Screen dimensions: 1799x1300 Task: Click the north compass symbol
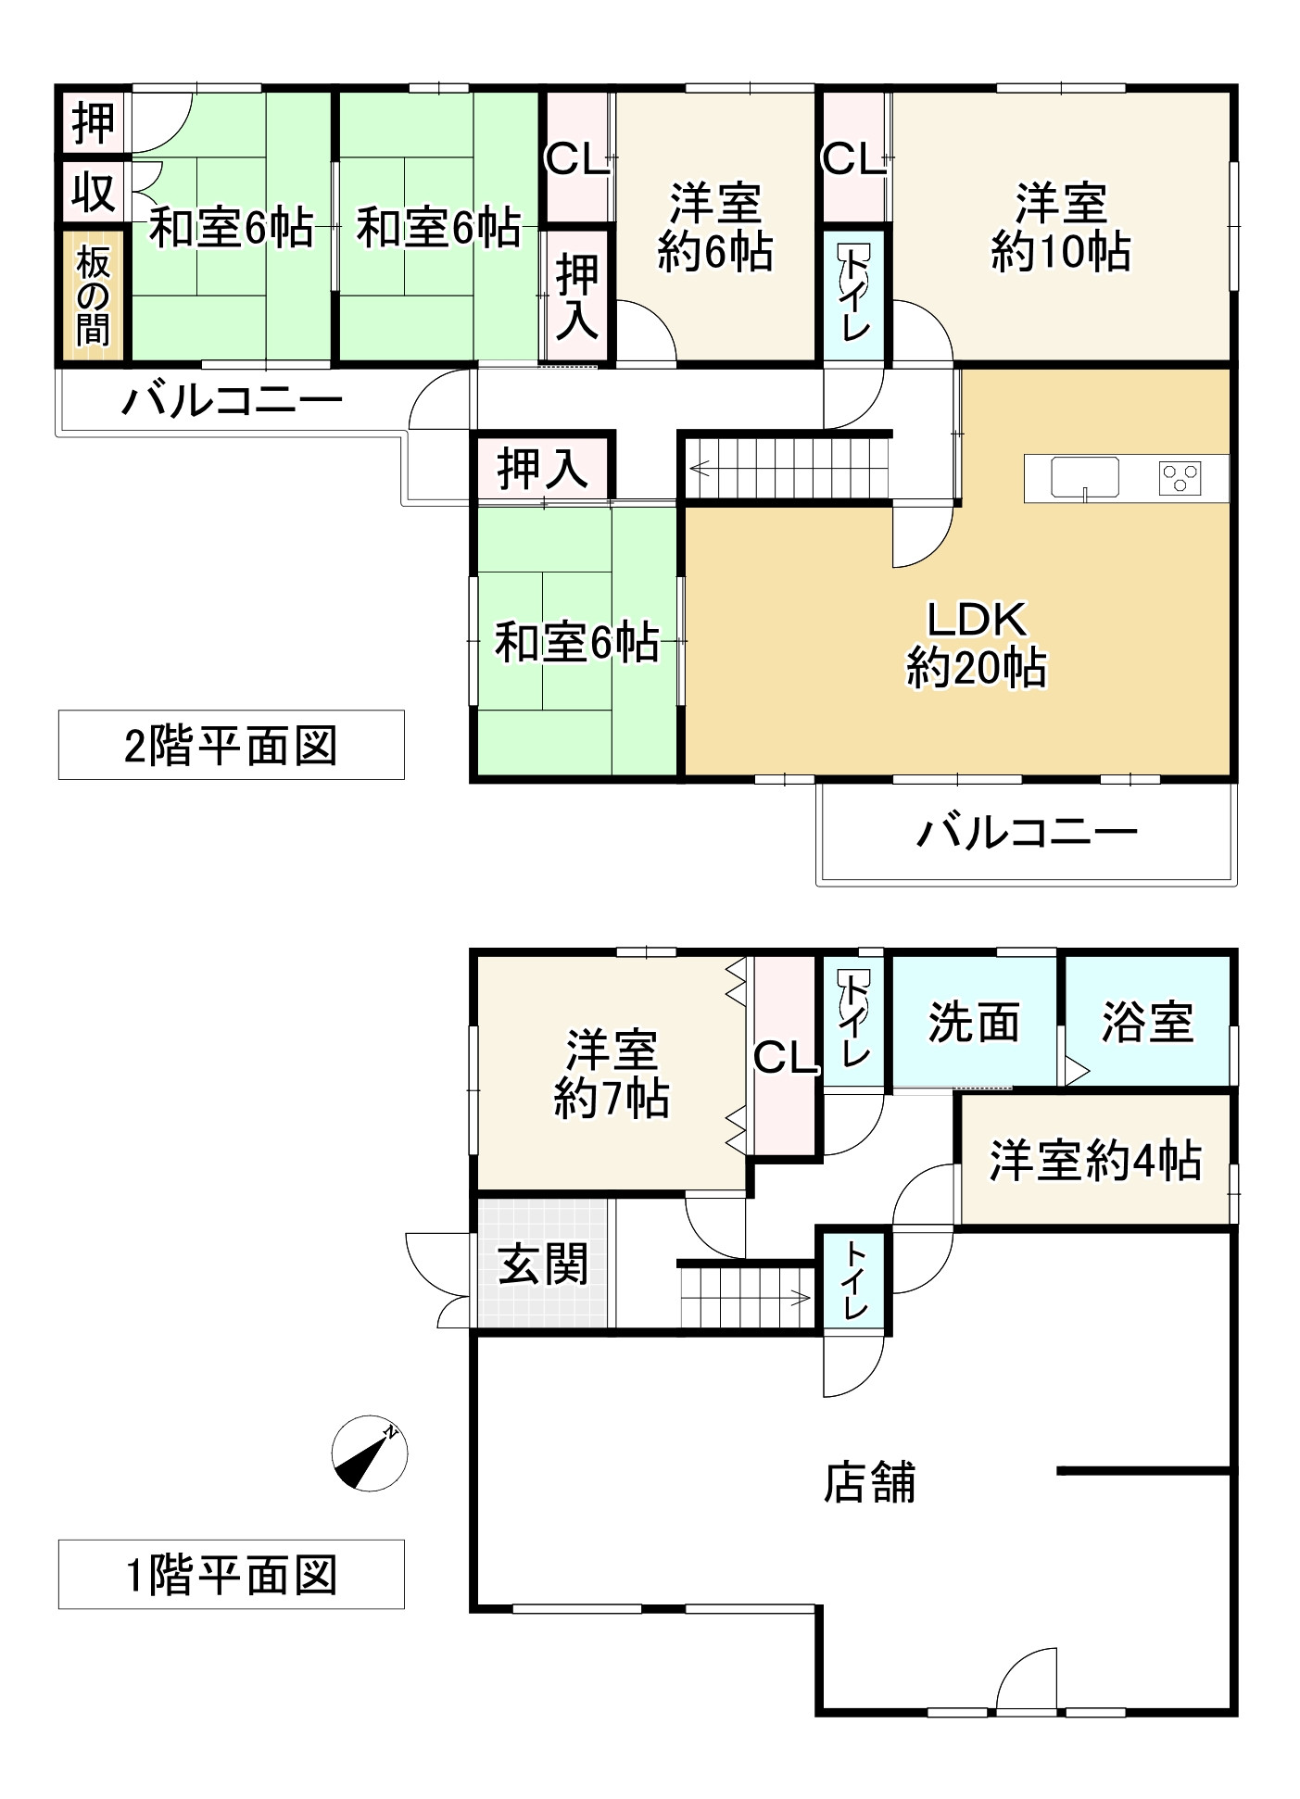point(370,1453)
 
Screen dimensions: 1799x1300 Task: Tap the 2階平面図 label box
point(231,745)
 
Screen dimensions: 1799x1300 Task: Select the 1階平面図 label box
point(231,1574)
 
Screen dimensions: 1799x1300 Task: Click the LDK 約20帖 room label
point(977,644)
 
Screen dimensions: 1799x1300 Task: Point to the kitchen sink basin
point(1084,478)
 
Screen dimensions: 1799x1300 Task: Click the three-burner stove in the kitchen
point(1180,478)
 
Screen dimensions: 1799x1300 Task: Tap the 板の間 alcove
point(93,295)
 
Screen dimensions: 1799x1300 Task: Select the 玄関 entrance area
point(543,1264)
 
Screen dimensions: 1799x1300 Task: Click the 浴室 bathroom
point(1147,1022)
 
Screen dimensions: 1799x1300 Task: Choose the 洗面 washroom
point(973,1022)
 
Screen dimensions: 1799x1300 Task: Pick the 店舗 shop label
point(869,1481)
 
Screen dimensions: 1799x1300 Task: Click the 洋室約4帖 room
point(1095,1161)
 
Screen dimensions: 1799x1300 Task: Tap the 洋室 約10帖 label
point(1060,227)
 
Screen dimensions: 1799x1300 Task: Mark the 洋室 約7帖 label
point(612,1075)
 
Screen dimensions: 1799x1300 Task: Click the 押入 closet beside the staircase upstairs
point(543,468)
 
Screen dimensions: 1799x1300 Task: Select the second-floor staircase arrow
point(700,469)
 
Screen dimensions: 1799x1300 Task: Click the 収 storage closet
point(93,193)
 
